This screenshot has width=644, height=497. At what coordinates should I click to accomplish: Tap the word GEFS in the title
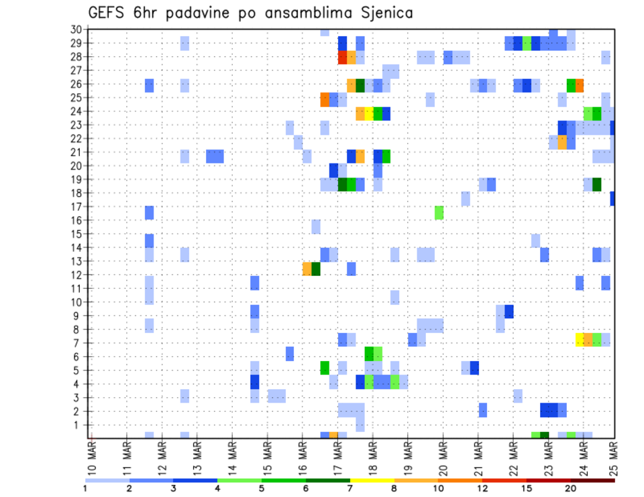point(110,13)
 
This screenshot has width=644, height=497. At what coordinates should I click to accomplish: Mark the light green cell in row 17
point(439,213)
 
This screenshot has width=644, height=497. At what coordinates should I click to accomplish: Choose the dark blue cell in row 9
point(509,311)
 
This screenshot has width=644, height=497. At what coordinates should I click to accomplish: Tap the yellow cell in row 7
point(580,340)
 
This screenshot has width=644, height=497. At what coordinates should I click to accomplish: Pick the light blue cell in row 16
point(316,226)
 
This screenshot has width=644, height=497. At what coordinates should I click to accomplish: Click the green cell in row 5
point(325,367)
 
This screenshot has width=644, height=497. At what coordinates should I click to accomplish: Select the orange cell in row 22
point(562,142)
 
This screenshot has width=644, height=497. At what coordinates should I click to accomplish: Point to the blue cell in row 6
point(290,353)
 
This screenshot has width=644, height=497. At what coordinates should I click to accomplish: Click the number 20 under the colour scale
point(570,488)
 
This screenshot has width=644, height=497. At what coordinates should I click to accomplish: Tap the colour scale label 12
point(482,488)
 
